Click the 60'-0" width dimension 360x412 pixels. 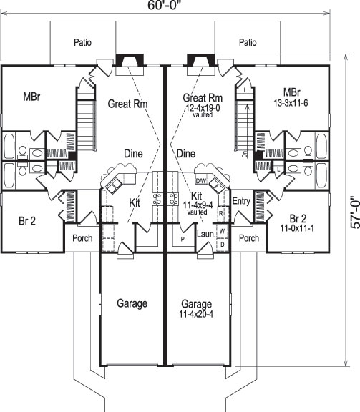click(x=165, y=6)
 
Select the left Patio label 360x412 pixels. click(x=83, y=42)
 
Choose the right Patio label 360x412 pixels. click(x=248, y=42)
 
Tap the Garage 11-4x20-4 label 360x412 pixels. click(x=196, y=308)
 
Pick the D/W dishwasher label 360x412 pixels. click(x=201, y=181)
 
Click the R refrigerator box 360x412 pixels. click(x=221, y=214)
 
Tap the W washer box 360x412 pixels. click(x=222, y=232)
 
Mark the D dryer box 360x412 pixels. click(x=222, y=244)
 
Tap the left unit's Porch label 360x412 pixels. click(x=82, y=237)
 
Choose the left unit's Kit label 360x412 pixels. click(x=134, y=203)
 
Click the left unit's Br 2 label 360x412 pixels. click(x=28, y=220)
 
